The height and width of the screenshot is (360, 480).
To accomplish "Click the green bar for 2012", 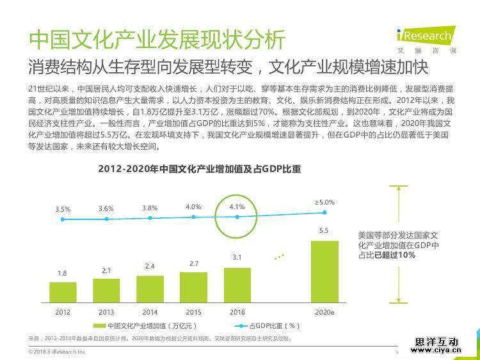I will [x=63, y=292].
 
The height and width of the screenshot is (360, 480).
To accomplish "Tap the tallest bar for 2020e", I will [x=324, y=270].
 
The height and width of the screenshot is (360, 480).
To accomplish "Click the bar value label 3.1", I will [x=237, y=257].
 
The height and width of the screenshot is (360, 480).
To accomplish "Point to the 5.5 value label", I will [x=324, y=231].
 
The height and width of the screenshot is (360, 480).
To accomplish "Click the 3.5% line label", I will [x=63, y=209].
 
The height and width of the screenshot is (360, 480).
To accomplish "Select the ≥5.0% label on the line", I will [x=324, y=202].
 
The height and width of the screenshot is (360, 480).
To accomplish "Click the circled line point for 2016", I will [x=237, y=217].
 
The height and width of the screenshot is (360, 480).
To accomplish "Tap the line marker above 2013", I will [x=106, y=219].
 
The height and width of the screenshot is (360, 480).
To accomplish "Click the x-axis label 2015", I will [x=193, y=312].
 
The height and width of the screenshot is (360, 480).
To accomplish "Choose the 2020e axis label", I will [x=324, y=312].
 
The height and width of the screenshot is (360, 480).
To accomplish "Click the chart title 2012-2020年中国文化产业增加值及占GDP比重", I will [x=199, y=169].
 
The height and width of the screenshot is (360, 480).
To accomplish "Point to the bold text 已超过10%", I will [x=395, y=254].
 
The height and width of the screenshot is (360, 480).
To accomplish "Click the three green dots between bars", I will [x=278, y=257].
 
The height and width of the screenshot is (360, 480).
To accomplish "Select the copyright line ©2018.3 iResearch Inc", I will [x=57, y=352].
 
